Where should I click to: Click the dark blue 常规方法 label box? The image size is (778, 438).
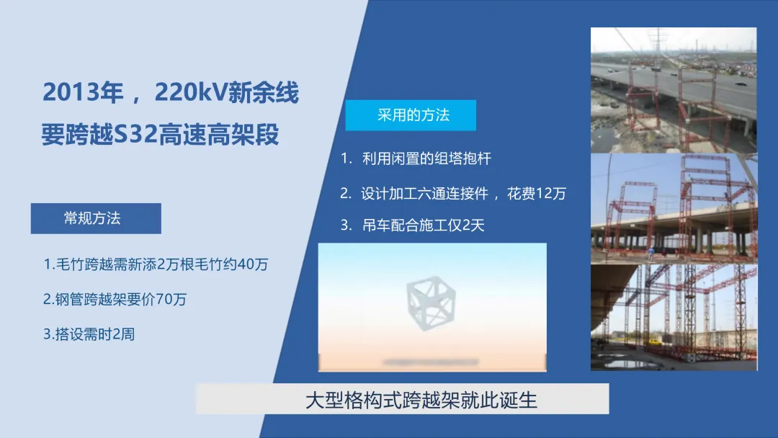96,218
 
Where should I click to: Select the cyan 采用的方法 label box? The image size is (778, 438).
411,115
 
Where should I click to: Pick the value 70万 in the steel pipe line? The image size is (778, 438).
171,299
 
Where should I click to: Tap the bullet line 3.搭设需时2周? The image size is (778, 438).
89,334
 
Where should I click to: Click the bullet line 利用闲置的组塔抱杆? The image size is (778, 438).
416,158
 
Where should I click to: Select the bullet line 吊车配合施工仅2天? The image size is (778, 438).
412,225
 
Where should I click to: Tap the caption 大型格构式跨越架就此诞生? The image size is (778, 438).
421,400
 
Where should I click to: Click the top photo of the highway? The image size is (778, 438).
674,90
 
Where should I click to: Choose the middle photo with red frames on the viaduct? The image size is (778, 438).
674,208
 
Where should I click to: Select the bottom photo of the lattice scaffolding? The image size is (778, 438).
674,318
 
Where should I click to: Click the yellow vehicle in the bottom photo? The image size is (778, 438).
655,341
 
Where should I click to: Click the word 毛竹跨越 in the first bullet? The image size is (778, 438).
85,264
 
